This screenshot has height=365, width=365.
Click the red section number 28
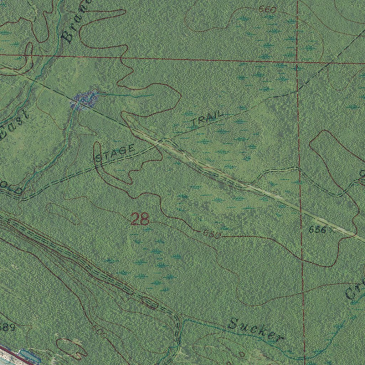point(140,219)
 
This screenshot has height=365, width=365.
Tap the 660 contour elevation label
point(268,10)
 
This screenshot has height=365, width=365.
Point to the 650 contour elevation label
point(212,234)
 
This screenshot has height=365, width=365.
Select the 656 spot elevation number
point(317,230)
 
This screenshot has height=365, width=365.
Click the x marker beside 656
point(332,230)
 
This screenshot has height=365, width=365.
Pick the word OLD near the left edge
point(11,187)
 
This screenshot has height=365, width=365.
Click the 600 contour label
point(99,331)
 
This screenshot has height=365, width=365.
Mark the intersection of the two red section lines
point(297,63)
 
